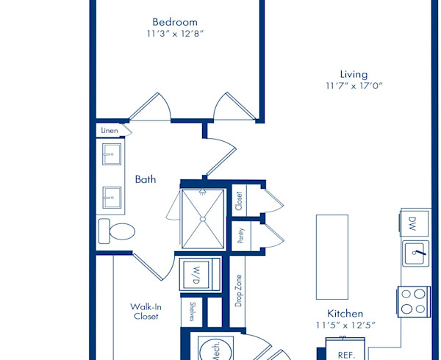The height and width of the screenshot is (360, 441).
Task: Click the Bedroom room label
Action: [x=175, y=22]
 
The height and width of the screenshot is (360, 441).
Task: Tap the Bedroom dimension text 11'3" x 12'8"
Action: [x=175, y=34]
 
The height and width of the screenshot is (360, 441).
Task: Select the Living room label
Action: [x=354, y=74]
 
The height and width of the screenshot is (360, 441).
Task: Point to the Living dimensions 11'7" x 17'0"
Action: [x=354, y=85]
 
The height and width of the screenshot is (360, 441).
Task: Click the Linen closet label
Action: [x=110, y=131]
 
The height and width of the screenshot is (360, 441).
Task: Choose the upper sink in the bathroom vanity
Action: [x=112, y=154]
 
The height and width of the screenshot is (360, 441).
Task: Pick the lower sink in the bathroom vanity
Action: [x=112, y=198]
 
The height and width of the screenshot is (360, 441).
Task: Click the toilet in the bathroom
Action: [x=117, y=231]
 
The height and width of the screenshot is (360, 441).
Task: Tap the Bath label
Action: [x=146, y=179]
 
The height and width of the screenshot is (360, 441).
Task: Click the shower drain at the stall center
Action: [x=203, y=219]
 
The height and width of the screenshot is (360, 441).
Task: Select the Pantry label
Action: [x=241, y=236]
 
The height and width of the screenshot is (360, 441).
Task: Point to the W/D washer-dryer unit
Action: [x=200, y=274]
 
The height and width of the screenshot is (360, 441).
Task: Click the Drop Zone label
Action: [x=238, y=291]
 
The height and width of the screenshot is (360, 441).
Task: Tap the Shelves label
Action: [x=192, y=312]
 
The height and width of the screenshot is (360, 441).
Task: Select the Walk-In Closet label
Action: [x=146, y=312]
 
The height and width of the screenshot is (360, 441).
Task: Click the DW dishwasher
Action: [x=414, y=224]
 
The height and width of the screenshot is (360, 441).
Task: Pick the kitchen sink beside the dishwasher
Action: [x=416, y=253]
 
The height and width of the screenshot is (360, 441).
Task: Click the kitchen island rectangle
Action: [x=332, y=257]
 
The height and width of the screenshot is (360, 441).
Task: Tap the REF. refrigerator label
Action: [x=346, y=355]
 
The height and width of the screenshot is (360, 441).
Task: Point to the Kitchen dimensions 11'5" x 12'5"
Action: [x=345, y=325]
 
